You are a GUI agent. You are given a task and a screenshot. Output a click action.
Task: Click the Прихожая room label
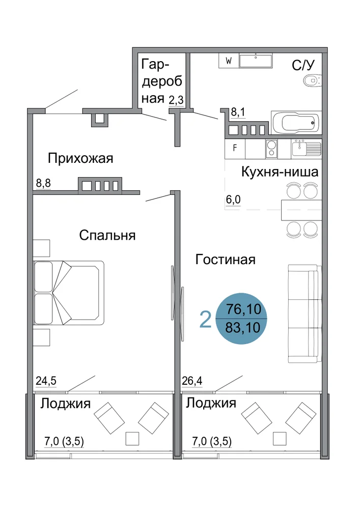point(80,158)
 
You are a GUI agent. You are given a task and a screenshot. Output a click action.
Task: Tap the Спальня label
point(107,235)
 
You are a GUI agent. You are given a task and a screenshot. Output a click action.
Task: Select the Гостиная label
point(225,260)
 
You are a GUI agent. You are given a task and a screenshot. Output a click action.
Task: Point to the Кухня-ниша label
point(280,172)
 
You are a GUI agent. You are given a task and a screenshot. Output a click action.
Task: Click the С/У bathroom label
point(303,65)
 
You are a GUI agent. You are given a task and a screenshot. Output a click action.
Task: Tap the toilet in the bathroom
point(312,80)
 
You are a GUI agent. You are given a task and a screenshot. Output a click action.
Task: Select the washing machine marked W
point(229,61)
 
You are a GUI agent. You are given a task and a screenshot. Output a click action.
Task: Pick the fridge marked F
point(235,149)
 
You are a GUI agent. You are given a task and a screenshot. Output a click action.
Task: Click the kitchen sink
point(307,149)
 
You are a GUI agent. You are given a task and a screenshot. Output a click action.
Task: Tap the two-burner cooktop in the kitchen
point(271,149)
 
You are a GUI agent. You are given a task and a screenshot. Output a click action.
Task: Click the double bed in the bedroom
point(69,293)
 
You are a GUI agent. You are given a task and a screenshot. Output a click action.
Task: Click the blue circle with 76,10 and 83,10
point(242,319)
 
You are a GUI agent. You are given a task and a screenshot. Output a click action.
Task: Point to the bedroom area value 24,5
point(46,380)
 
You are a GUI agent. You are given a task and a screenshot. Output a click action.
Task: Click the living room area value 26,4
point(192,380)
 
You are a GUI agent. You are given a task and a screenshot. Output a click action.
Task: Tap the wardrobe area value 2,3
point(176,100)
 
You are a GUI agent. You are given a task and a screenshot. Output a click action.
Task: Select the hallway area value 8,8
point(43,183)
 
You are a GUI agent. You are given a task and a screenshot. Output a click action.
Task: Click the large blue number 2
point(205,320)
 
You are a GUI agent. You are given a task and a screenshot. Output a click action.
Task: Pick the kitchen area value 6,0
point(233,200)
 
